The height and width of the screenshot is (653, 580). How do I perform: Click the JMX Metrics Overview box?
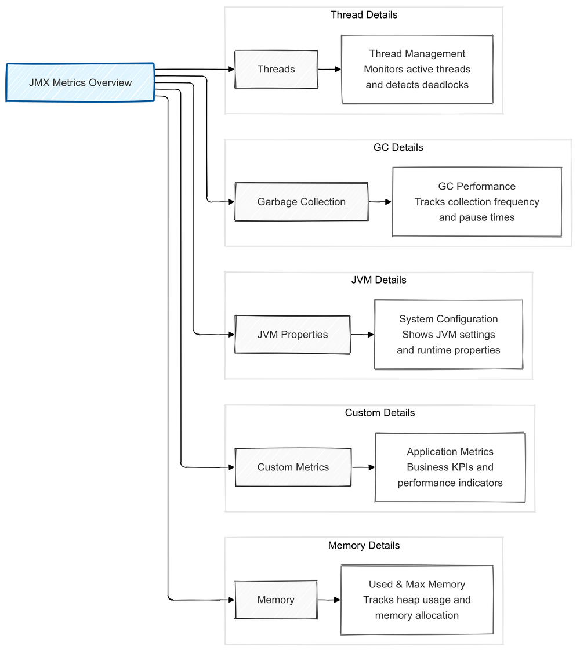[80, 82]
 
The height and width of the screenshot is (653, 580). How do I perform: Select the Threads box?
[276, 70]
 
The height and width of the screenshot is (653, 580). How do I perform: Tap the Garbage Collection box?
[301, 202]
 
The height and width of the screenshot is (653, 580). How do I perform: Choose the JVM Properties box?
[292, 335]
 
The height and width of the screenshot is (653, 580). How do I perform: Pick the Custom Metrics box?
[293, 467]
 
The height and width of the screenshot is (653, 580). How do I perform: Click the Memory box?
[276, 600]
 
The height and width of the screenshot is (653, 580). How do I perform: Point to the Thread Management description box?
[417, 70]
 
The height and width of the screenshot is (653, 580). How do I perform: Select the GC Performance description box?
[477, 202]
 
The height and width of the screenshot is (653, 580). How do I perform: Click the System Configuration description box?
[448, 335]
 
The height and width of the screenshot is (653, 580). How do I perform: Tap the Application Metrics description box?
[450, 467]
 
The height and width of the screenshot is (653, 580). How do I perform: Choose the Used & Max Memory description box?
[416, 600]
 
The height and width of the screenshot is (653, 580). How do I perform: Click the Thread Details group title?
[364, 15]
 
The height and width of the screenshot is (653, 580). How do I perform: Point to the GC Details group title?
[398, 147]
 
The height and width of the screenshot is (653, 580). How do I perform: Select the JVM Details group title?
[379, 280]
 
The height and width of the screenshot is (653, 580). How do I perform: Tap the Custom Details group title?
[380, 413]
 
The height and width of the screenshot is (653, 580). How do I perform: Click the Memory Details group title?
[364, 546]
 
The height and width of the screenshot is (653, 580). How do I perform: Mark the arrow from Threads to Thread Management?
[329, 70]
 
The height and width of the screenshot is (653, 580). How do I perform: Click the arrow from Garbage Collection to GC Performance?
[380, 202]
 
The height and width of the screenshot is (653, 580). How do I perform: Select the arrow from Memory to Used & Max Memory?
[329, 600]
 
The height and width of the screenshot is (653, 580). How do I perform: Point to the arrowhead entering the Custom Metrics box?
[231, 467]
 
